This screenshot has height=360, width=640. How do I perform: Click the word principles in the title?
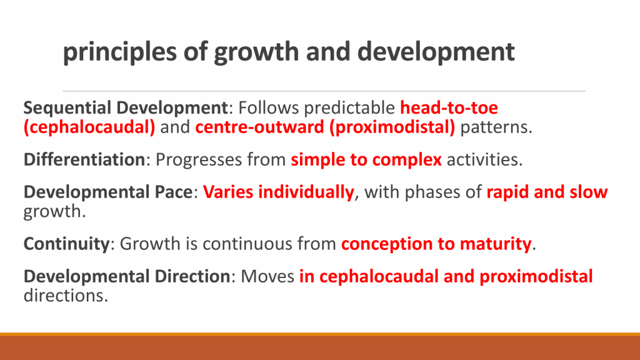(x=119, y=52)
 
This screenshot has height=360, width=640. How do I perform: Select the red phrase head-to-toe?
(x=449, y=107)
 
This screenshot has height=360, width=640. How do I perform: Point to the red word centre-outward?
(x=259, y=127)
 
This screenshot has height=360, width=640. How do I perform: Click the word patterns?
(x=496, y=127)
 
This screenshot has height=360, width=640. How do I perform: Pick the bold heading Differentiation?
(x=84, y=159)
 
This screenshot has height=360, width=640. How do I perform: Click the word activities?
(x=484, y=159)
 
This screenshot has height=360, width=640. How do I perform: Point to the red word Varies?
(x=227, y=192)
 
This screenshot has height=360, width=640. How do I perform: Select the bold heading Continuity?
(x=66, y=244)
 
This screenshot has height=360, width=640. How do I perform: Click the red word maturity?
(x=496, y=244)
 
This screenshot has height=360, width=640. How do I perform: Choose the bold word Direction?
(x=192, y=276)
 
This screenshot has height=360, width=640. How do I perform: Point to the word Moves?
(x=267, y=276)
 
